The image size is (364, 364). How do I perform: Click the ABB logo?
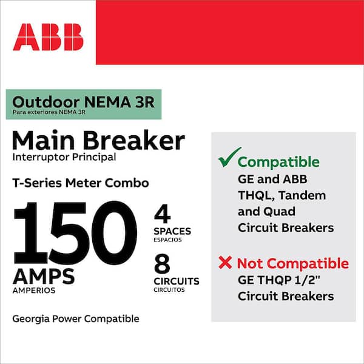[x=49, y=37]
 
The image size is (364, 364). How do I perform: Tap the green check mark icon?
[x=229, y=157]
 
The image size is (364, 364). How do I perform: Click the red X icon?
[x=225, y=263]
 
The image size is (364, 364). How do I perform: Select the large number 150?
[x=75, y=232]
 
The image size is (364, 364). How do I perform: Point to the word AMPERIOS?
[x=34, y=291]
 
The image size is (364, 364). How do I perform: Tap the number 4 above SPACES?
[x=162, y=214]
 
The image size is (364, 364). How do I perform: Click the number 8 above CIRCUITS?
[x=162, y=264]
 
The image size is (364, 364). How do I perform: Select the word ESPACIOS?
[x=167, y=240]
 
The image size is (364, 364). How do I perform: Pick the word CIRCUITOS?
[x=169, y=290]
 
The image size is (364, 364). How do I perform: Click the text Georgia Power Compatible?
[x=76, y=319]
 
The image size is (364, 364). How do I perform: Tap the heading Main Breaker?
[x=98, y=141]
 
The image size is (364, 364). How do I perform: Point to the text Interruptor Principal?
[x=64, y=157]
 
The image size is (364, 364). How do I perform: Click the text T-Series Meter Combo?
[x=81, y=183]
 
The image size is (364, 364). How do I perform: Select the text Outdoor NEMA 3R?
[x=84, y=102]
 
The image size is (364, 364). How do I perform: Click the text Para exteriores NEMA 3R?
[x=49, y=112]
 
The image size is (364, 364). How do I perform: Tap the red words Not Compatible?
[x=293, y=264]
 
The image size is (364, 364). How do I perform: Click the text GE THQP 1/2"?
[x=279, y=280]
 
